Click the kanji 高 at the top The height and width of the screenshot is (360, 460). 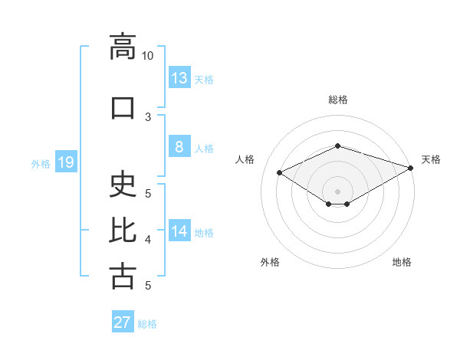(123, 47)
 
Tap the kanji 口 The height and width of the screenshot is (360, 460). (123, 108)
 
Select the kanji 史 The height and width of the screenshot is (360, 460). (123, 184)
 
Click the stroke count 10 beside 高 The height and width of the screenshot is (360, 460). (147, 56)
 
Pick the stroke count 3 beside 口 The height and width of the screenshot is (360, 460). (148, 117)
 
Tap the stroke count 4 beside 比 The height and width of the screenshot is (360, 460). (148, 240)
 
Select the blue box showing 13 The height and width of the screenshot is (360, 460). (180, 77)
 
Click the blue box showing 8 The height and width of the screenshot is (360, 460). (180, 146)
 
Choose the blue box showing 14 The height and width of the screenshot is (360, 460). (180, 230)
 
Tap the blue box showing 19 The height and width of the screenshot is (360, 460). (66, 162)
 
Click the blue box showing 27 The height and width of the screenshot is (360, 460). (123, 321)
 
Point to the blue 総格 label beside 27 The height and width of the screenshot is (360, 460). (147, 324)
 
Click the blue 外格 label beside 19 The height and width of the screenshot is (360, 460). (41, 164)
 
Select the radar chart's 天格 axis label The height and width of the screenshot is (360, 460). (431, 159)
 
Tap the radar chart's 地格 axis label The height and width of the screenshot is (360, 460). (402, 262)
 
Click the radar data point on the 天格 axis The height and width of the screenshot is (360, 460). (411, 168)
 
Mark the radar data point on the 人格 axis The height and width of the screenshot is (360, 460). (279, 172)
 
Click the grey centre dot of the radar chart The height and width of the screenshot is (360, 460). (337, 191)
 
